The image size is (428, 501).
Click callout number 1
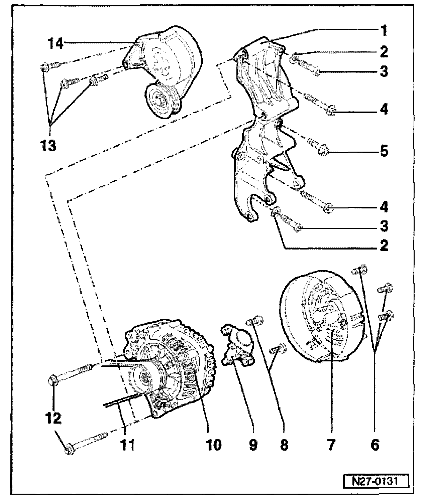pyautogui.click(x=384, y=31)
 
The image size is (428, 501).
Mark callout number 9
pyautogui.click(x=253, y=444)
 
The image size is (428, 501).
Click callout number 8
pyautogui.click(x=284, y=444)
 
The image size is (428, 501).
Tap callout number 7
pyautogui.click(x=331, y=444)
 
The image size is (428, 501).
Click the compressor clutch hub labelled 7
pyautogui.click(x=326, y=321)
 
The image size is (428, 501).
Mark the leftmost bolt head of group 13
pyautogui.click(x=44, y=68)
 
